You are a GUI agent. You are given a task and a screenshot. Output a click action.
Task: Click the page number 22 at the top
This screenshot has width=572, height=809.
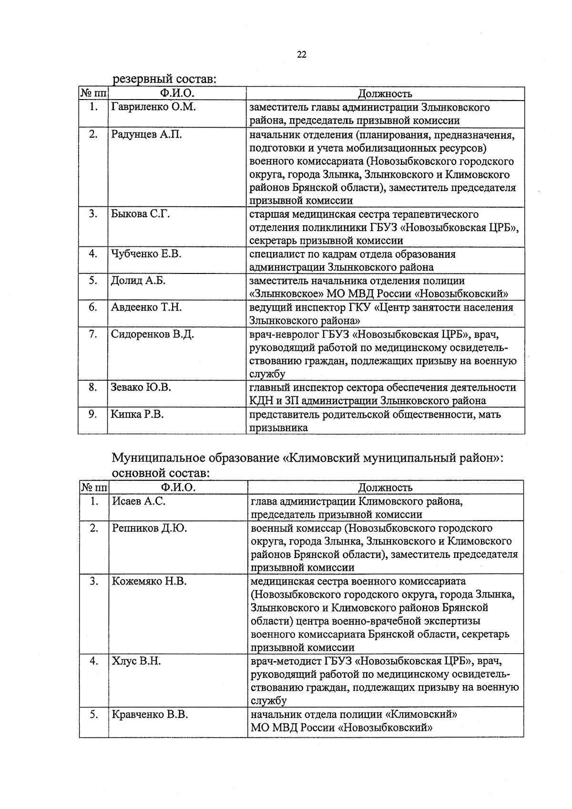[301, 54]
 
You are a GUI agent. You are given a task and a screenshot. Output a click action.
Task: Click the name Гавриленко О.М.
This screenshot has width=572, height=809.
[153, 107]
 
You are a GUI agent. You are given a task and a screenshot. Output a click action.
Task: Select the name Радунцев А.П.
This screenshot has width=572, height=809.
[146, 134]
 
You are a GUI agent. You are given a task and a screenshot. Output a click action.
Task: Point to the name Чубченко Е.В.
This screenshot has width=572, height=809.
[146, 254]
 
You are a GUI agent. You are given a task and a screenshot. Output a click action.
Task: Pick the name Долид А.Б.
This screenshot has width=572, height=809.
[138, 281]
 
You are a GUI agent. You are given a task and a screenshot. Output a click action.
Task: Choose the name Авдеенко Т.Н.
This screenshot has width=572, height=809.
[146, 307]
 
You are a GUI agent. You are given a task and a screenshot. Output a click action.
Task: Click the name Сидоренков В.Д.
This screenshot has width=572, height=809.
[152, 334]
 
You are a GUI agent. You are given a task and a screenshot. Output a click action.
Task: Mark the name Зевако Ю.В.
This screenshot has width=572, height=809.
[141, 387]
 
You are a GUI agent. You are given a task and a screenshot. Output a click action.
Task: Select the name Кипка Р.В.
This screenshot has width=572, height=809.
[137, 414]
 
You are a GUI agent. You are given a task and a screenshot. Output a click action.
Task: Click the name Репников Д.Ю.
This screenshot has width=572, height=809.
[149, 528]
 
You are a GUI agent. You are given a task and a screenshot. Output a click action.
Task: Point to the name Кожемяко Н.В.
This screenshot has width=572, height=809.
[149, 581]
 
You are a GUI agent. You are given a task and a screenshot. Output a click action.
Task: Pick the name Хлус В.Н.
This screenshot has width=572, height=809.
[136, 661]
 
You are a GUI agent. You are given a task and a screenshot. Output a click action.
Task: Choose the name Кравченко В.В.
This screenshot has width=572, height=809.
[150, 715]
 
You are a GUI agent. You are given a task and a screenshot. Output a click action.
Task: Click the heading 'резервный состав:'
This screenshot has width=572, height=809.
[164, 79]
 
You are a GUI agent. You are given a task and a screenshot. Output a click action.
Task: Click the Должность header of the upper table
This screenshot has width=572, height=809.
[385, 93]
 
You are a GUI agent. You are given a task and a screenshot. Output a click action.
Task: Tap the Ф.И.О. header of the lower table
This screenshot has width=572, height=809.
[178, 487]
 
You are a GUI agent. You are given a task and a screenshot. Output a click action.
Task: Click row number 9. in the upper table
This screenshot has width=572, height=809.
[93, 414]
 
